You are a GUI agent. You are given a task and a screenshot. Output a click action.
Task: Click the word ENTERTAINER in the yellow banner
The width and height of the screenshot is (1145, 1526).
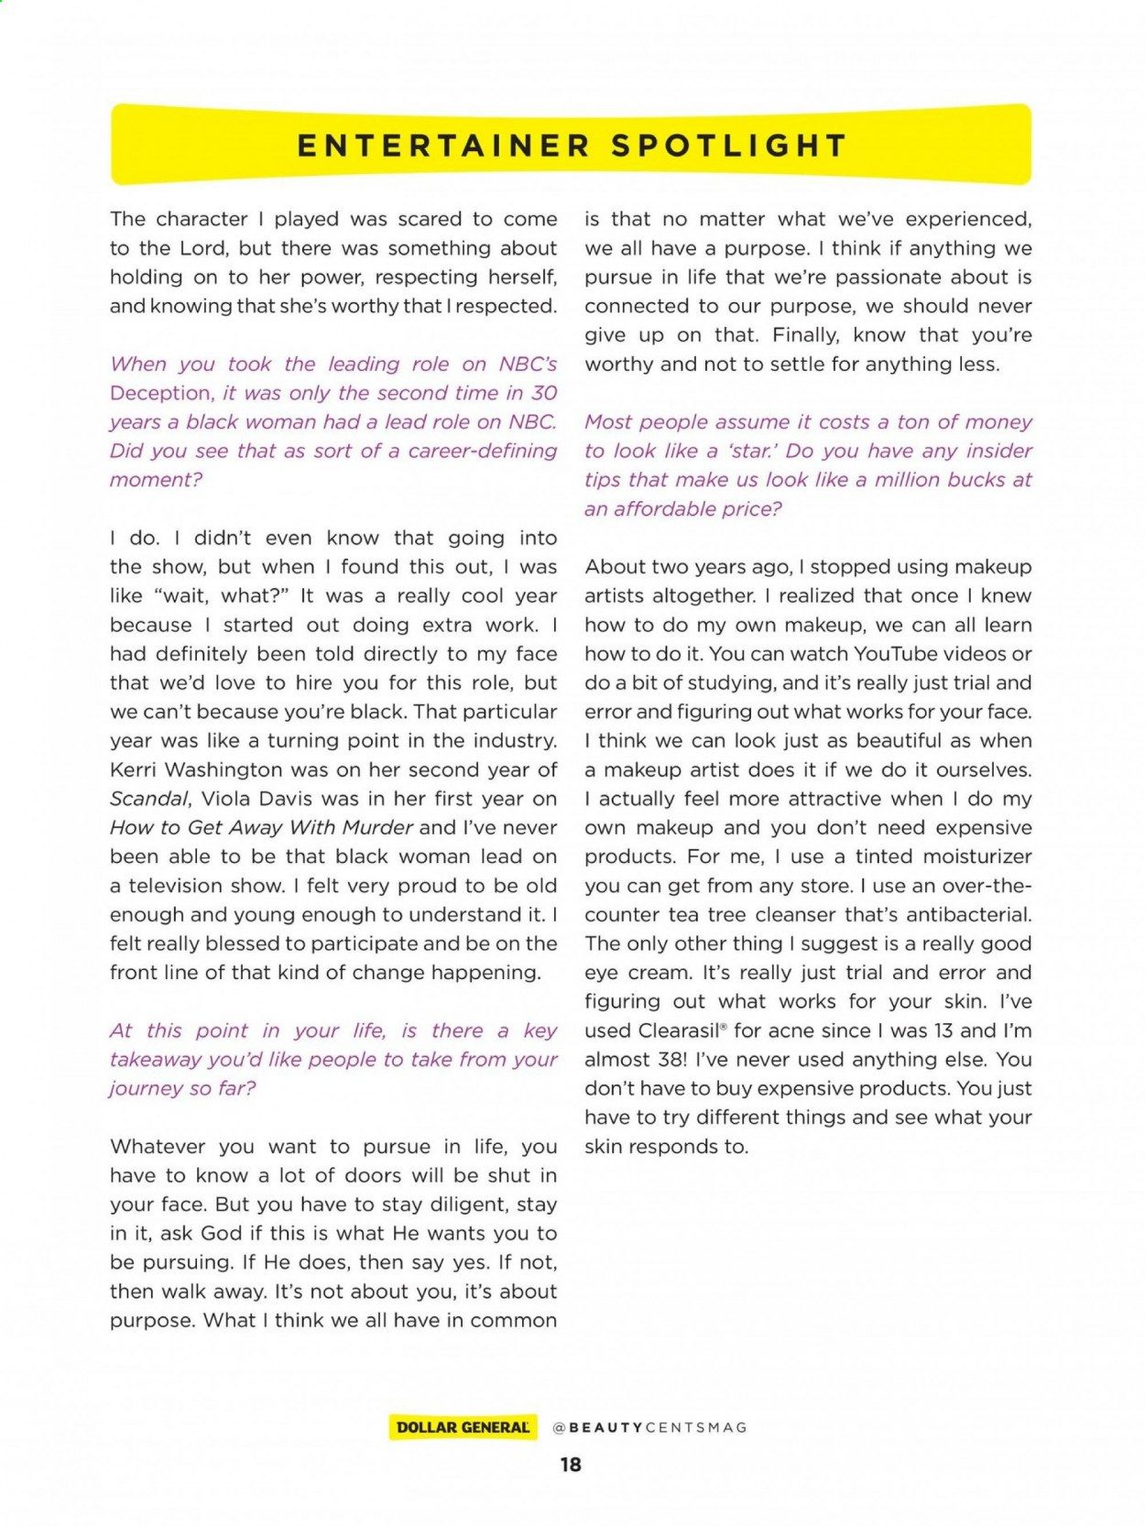tap(443, 146)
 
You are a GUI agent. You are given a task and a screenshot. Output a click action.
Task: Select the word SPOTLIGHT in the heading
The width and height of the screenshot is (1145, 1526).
tap(729, 146)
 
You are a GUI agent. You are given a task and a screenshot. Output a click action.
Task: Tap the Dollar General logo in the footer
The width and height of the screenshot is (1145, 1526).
tap(463, 1427)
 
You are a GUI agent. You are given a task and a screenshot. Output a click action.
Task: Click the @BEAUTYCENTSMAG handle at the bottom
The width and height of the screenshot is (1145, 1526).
tap(650, 1427)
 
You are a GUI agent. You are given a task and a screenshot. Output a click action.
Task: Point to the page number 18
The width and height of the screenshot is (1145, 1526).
tap(571, 1465)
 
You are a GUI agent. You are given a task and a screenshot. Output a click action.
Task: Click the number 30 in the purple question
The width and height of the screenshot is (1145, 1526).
tap(544, 393)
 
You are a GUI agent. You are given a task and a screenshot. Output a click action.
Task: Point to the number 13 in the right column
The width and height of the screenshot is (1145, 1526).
tap(943, 1030)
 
